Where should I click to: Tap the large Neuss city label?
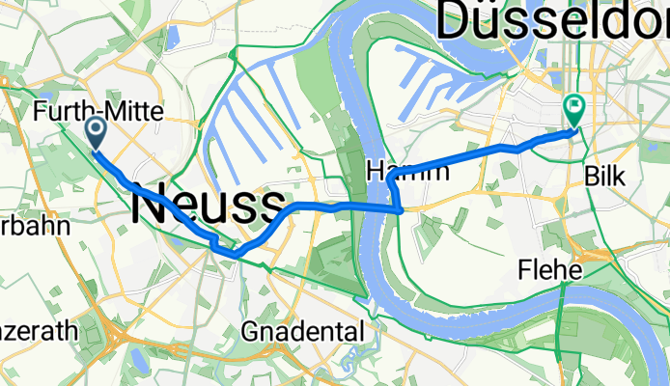pyautogui.click(x=208, y=205)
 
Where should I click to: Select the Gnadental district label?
pyautogui.click(x=302, y=332)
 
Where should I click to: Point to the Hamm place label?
pyautogui.click(x=408, y=173)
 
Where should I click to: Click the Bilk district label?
pyautogui.click(x=606, y=177)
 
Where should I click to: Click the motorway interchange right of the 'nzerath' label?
pyautogui.click(x=122, y=338)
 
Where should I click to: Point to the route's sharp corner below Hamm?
pyautogui.click(x=400, y=208)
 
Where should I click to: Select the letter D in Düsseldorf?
pyautogui.click(x=457, y=21)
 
